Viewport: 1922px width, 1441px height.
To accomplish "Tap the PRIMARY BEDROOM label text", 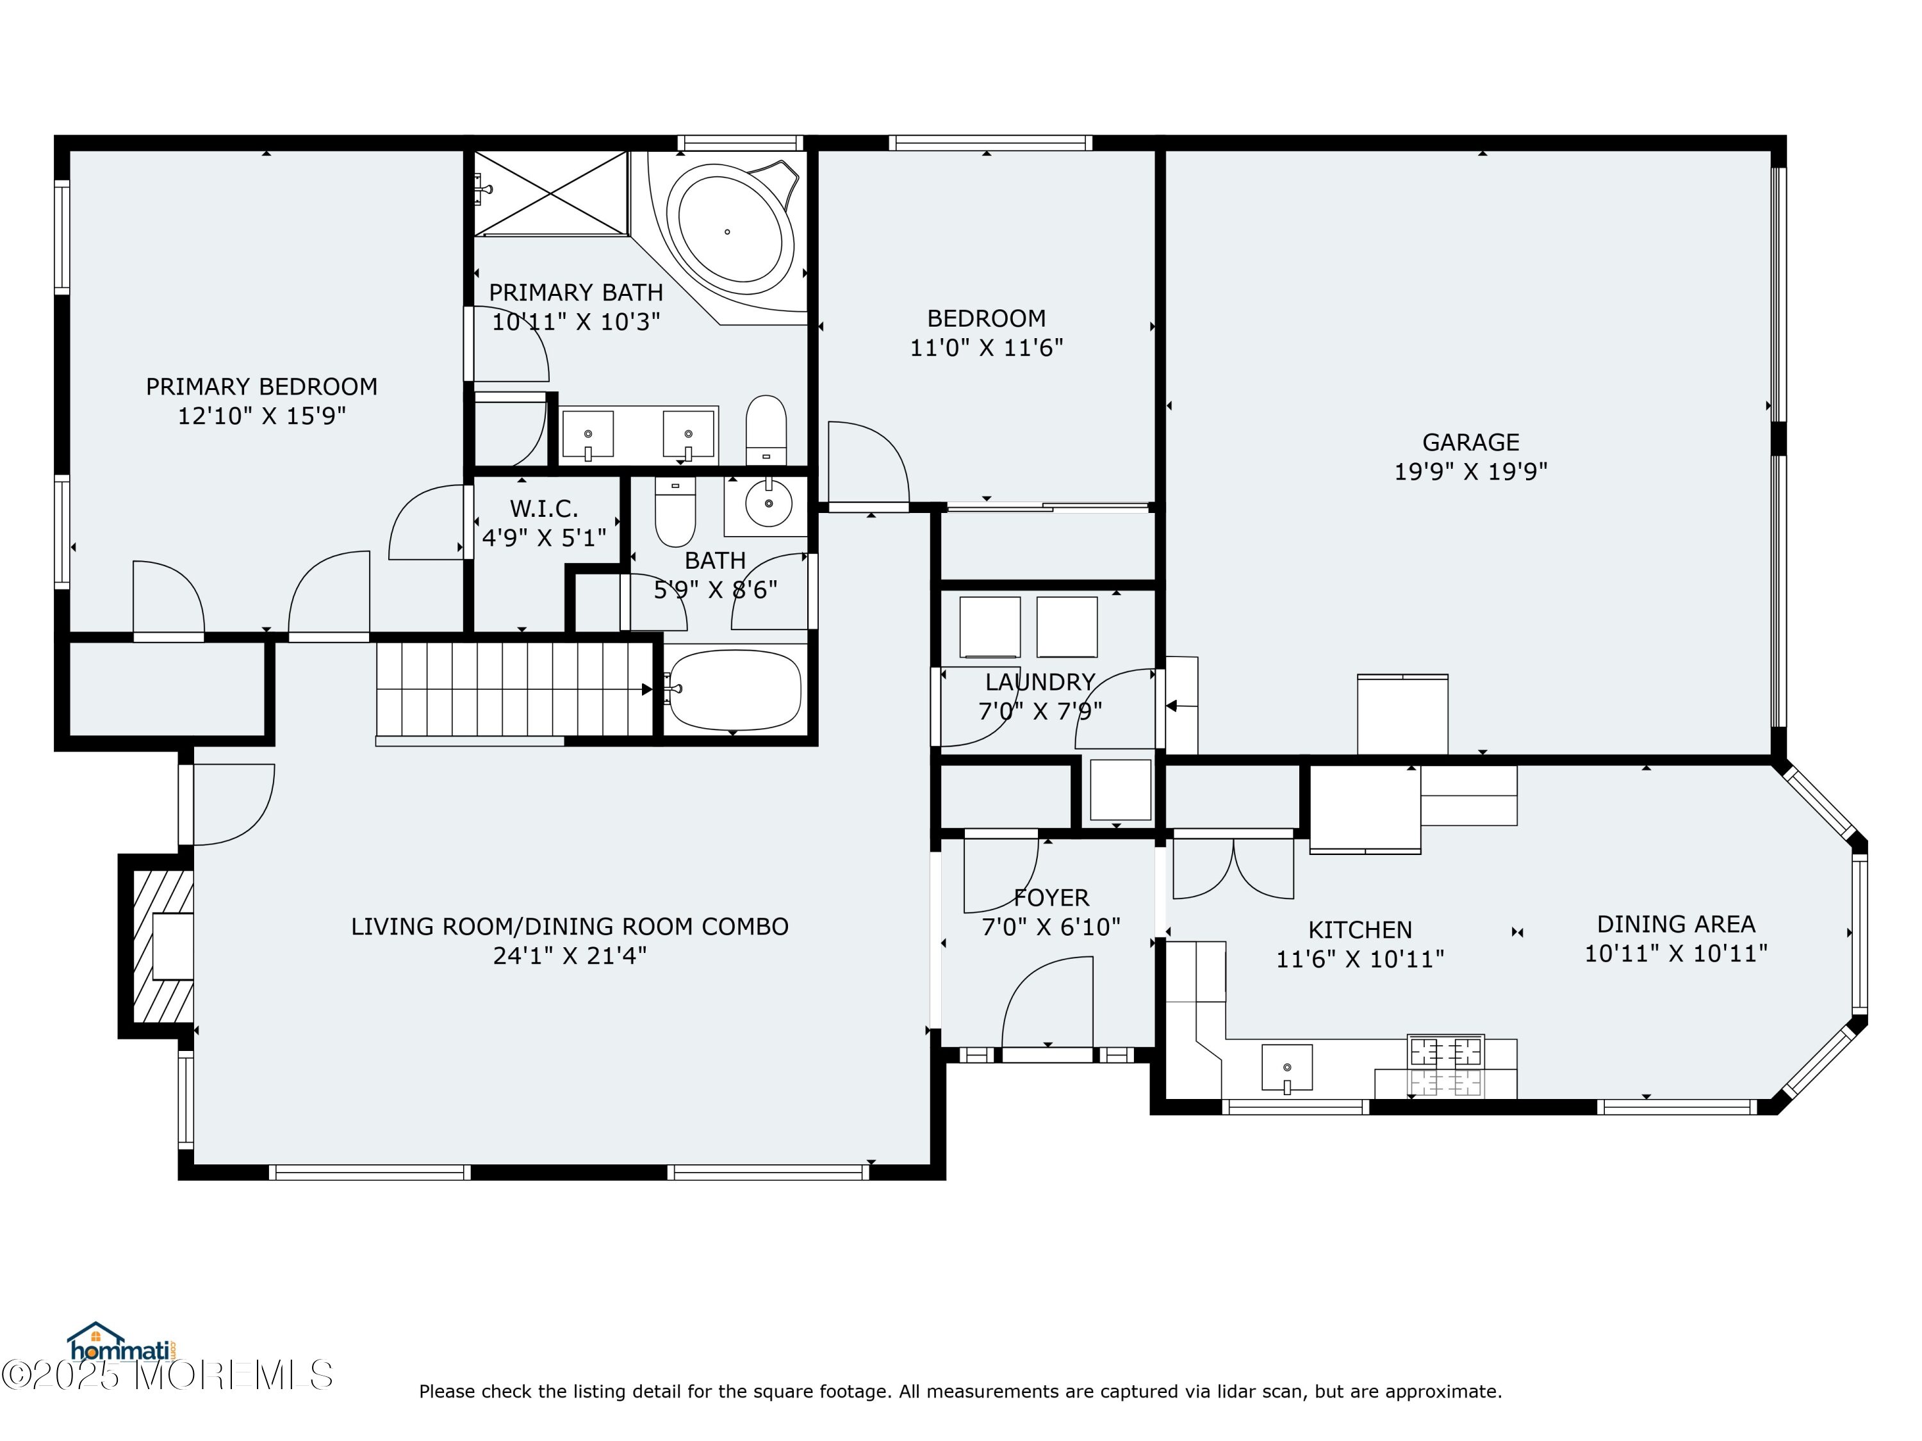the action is click(x=261, y=387).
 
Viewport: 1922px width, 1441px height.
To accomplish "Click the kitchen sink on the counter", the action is click(x=1287, y=1068).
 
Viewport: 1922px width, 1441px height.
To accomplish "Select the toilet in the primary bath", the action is click(x=766, y=430).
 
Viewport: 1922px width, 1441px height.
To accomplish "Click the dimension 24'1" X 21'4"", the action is click(x=570, y=956).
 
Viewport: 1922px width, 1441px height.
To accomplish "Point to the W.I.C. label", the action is click(x=544, y=508).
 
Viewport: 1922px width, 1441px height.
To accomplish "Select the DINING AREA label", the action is click(x=1676, y=924).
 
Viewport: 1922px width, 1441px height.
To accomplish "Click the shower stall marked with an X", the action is click(x=550, y=193).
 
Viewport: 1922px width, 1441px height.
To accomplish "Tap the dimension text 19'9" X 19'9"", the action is click(x=1471, y=471).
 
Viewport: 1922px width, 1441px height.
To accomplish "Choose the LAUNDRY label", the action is click(x=1040, y=682).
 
